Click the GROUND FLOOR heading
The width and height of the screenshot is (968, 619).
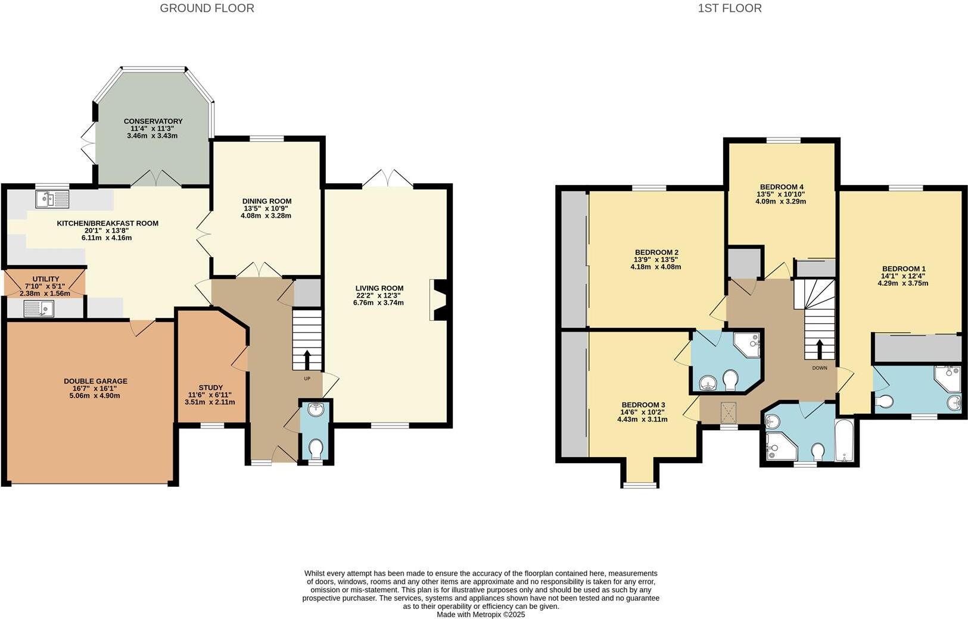[207, 8]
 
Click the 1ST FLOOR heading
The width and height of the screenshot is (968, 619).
[729, 8]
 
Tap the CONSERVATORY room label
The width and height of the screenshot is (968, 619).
[153, 121]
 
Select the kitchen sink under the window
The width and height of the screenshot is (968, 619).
[52, 199]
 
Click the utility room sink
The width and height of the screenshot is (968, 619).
[39, 308]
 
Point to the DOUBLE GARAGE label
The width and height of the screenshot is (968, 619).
[95, 382]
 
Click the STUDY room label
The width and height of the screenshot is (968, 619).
[211, 387]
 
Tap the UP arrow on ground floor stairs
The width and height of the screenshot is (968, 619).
[307, 359]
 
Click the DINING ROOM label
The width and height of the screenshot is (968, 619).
[266, 201]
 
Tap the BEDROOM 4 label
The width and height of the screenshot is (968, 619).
[780, 186]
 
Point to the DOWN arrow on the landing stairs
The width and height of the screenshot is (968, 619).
[820, 348]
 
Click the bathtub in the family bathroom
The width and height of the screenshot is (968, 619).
[844, 441]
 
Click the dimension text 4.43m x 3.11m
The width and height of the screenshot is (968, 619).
[642, 419]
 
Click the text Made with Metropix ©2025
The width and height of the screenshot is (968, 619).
[481, 614]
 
